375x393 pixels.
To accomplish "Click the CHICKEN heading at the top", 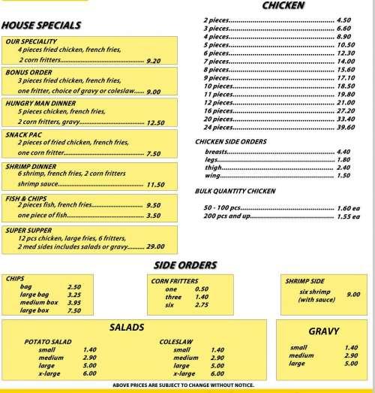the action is (x=283, y=6).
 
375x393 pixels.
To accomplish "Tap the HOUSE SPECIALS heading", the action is (x=41, y=25).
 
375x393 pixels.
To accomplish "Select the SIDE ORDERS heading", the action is (x=185, y=265).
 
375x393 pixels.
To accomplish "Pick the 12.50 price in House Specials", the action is (x=155, y=122).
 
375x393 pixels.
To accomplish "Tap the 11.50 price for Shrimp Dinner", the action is (x=155, y=184).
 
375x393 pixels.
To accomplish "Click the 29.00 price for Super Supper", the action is (x=155, y=246).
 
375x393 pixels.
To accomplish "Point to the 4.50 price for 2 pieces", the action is (x=344, y=20).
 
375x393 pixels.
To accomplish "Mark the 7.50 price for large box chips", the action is (x=73, y=310).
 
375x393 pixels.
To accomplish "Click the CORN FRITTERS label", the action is (x=175, y=280).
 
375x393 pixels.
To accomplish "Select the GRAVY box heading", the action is (x=324, y=331).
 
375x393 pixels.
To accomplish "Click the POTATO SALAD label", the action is (x=48, y=341).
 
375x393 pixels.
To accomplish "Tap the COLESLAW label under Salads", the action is (x=176, y=341).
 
